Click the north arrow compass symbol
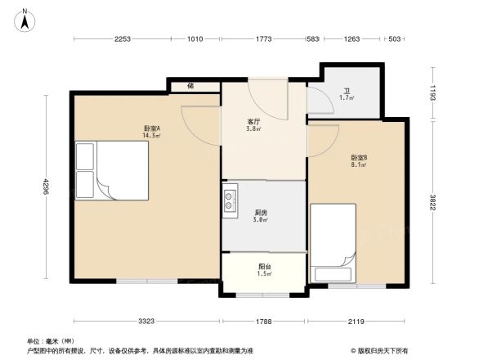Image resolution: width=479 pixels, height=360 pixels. pyautogui.click(x=25, y=20)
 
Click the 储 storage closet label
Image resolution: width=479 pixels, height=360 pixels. pyautogui.click(x=190, y=84)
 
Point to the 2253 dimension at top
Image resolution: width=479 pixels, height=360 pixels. pyautogui.click(x=123, y=39)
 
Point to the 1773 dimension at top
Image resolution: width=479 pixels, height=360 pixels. pyautogui.click(x=263, y=39)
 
